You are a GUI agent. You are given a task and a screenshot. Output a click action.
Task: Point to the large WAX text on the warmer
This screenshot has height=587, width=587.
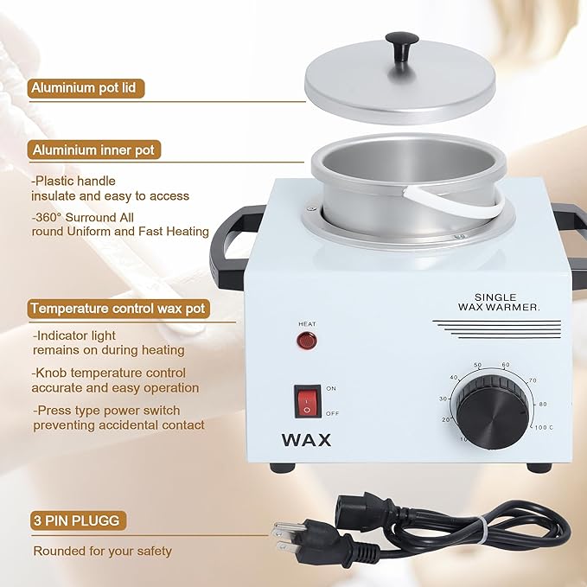coord(306,440)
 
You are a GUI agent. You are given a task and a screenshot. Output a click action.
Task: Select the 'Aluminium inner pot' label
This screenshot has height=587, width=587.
coord(93,150)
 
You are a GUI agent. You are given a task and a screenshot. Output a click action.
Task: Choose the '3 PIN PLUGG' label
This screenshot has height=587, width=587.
coord(74,521)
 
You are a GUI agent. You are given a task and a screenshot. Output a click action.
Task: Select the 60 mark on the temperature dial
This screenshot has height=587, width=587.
coord(506,365)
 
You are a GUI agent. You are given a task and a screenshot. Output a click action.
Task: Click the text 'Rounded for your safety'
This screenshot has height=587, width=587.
coord(102,551)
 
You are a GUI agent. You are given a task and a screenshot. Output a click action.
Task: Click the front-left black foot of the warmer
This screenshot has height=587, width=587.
coord(280,468)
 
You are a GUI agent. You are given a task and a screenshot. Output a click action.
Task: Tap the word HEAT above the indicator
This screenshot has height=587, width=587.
coord(307,324)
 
